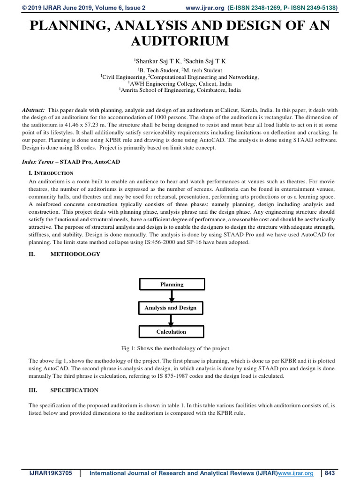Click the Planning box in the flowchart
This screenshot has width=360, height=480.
coord(172,284)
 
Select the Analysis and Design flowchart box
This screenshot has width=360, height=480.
coord(172,308)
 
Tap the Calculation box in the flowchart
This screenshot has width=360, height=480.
coord(172,331)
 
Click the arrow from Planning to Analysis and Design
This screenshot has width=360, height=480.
coord(172,296)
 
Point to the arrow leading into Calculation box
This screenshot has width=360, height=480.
coord(172,320)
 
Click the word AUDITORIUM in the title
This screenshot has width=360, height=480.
coord(180,41)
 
